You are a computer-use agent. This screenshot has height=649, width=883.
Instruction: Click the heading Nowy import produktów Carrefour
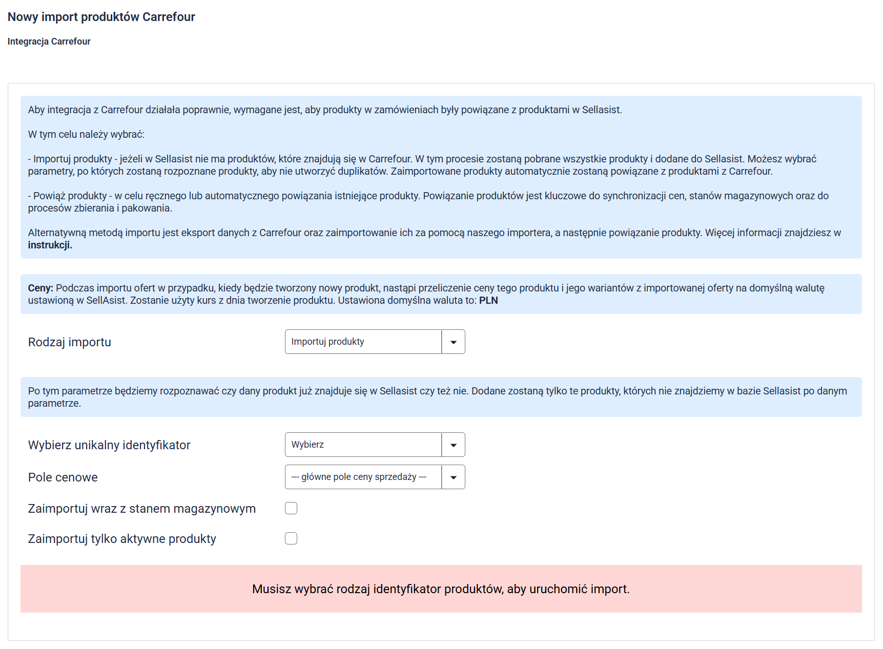point(101,17)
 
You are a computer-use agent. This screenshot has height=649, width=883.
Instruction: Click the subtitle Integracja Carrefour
point(49,41)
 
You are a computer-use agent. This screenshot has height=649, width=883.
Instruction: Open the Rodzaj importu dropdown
point(363,342)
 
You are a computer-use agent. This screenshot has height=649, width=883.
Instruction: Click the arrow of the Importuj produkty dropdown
point(454,342)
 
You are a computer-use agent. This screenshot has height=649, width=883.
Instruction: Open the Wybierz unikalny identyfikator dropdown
point(363,445)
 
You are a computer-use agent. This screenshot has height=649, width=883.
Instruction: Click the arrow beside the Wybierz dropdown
point(454,445)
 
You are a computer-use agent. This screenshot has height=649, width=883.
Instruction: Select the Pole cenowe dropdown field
point(363,477)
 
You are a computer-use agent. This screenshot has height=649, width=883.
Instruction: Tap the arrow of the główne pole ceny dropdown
point(454,477)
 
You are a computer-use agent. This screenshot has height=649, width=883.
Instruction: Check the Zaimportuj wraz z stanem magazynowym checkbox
point(291,508)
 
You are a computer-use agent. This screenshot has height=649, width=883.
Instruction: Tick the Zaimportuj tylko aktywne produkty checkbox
point(291,538)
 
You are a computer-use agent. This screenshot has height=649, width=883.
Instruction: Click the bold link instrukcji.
point(50,245)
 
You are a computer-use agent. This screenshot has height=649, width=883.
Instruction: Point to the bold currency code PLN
point(488,301)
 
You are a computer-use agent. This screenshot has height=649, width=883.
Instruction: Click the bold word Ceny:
point(40,288)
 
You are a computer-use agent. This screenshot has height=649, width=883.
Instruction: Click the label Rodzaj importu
point(70,342)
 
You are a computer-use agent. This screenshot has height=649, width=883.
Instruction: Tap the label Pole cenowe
point(63,477)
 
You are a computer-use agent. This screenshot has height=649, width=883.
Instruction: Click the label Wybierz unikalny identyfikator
point(109,445)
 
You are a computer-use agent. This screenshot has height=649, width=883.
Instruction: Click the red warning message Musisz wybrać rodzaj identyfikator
point(441,589)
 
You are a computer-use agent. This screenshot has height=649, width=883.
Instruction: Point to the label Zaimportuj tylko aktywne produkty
point(122,539)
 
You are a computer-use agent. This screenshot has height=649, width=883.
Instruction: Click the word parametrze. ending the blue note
point(54,404)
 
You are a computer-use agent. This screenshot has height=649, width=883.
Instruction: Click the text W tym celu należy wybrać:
point(86,135)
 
